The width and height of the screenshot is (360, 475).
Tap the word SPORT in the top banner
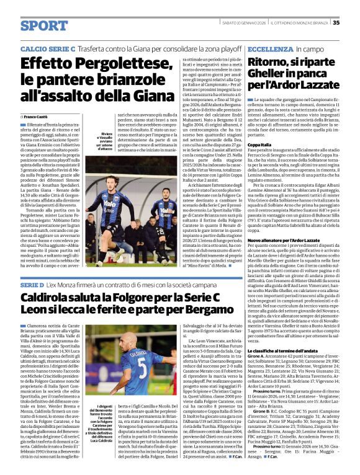[44, 26]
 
